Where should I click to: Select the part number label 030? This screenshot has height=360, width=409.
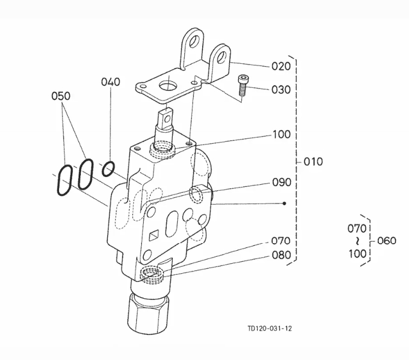point(281,90)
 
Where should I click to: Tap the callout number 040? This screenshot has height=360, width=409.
point(110,82)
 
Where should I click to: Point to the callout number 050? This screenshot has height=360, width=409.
point(61,96)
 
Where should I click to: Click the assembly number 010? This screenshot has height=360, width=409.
point(313,162)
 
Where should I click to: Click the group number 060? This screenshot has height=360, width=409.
point(387,241)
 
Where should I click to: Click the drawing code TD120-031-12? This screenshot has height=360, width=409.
point(270,328)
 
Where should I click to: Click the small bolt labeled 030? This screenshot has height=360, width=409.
point(242,87)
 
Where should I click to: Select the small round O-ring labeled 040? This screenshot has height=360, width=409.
point(108,169)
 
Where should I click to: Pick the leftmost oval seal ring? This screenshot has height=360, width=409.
point(63,180)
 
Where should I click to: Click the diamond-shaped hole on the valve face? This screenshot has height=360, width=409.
point(155,236)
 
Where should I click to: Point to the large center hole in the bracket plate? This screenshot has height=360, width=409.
point(168,86)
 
